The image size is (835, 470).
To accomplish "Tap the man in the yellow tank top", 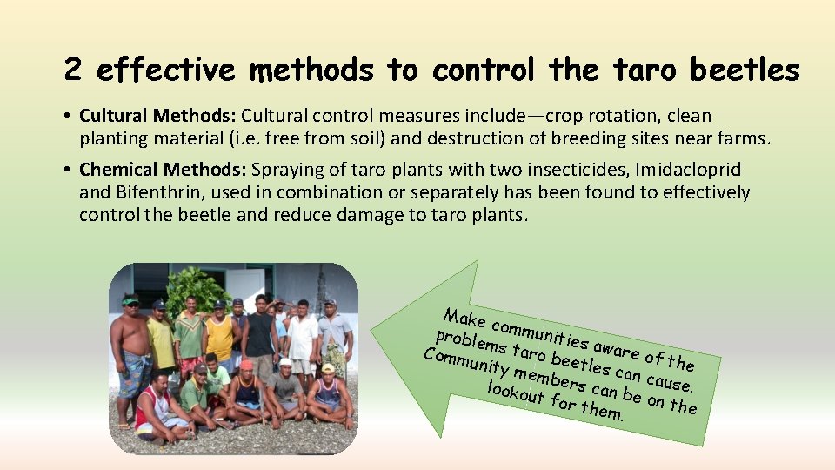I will [x=219, y=335].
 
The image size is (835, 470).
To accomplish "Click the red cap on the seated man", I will [x=246, y=365].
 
